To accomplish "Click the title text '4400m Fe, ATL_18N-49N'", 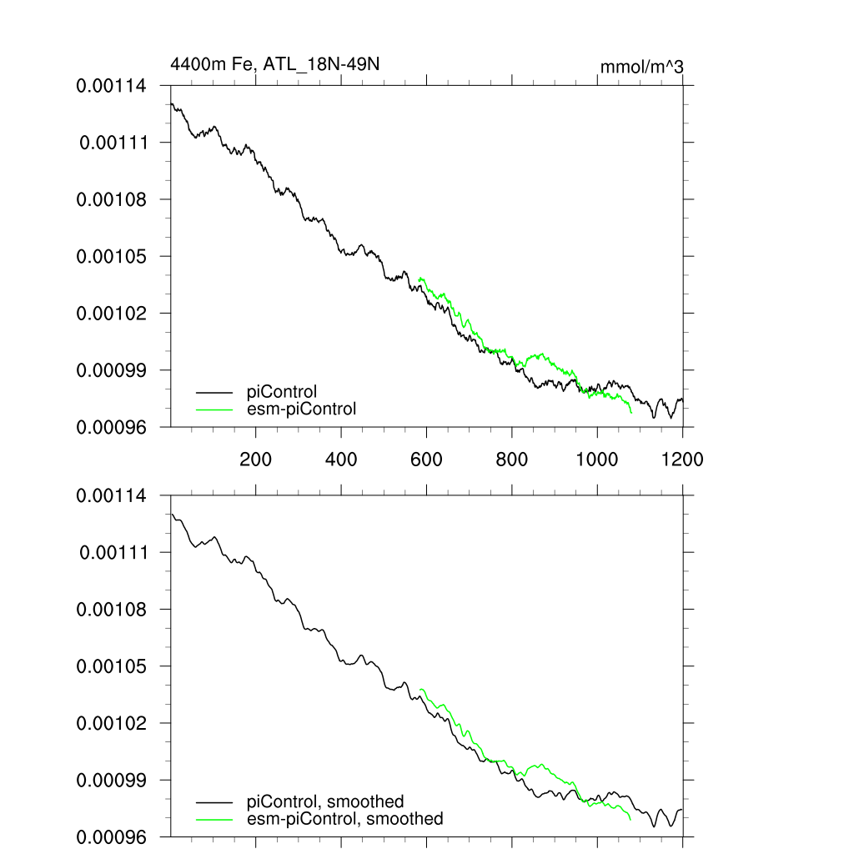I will coord(274,64).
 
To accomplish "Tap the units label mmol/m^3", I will coord(641,66).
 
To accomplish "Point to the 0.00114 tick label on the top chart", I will coord(112,86).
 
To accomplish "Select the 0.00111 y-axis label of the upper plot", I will coord(113,143).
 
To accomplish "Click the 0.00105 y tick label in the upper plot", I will coord(112,256).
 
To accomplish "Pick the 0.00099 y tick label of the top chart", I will coord(112,369).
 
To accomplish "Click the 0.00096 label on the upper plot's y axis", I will coord(112,427).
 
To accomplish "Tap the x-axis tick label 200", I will coord(255,459).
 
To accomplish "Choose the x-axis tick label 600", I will coord(426,459).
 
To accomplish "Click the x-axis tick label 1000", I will coord(596,459).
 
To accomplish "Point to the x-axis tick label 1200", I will coord(682,459).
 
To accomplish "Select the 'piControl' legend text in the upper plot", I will coord(282,391).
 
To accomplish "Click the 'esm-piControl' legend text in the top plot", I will coord(302,409).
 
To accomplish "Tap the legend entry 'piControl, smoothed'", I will coord(325,801).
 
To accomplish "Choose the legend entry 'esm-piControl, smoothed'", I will coord(345,819).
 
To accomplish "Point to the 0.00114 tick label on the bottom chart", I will coord(112,496).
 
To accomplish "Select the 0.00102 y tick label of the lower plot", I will coord(112,723).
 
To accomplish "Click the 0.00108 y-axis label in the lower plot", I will coord(112,610).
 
